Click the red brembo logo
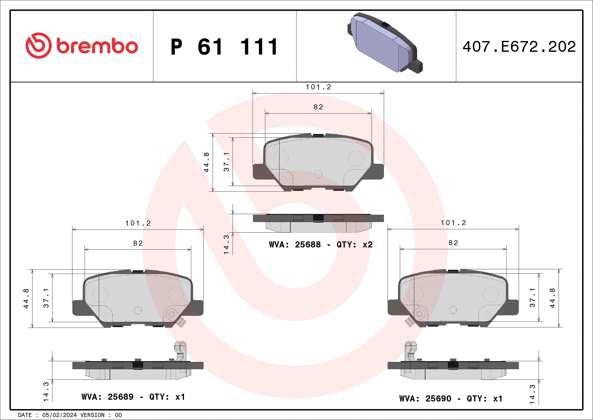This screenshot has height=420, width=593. click(82, 46)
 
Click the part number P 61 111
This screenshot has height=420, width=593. click(224, 47)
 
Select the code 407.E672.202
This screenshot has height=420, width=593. click(519, 47)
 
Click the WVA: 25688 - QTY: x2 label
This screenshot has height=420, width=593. click(321, 245)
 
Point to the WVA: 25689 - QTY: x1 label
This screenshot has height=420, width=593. click(133, 397)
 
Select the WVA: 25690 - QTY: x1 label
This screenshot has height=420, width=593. click(451, 399)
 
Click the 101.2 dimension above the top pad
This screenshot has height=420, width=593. click(318, 87)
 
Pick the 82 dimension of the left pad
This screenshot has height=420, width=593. click(138, 243)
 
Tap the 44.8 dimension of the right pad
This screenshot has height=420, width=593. click(552, 298)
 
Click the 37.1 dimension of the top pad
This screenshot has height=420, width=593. click(226, 162)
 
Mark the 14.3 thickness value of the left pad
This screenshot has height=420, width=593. click(46, 392)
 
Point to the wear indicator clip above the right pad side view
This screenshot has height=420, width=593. click(410, 351)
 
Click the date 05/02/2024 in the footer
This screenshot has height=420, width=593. click(59, 415)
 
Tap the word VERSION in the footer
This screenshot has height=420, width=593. click(92, 415)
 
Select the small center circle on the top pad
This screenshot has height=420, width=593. click(318, 174)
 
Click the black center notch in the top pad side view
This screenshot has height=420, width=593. click(318, 218)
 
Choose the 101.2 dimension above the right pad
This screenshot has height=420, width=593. click(453, 223)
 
